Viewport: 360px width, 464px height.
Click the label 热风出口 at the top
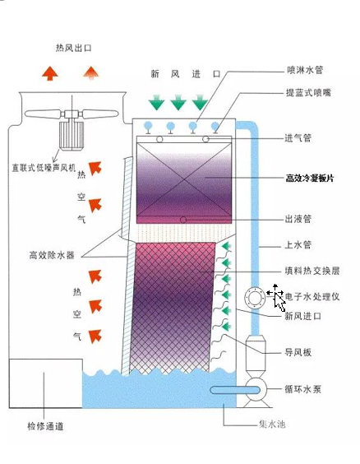pyautogui.click(x=73, y=49)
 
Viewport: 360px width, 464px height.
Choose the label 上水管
pyautogui.click(x=300, y=244)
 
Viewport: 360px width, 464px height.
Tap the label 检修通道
pyautogui.click(x=45, y=426)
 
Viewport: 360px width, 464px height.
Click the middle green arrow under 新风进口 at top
pyautogui.click(x=178, y=103)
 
